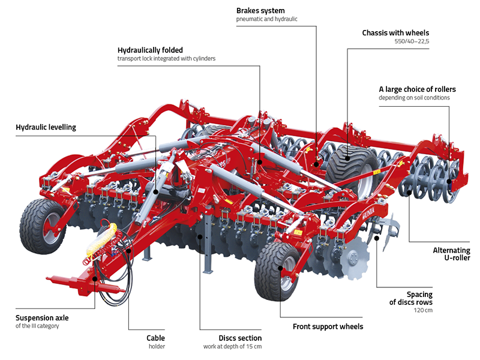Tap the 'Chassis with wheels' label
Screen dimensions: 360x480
coord(395,33)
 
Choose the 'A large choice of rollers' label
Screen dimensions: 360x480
coord(413,88)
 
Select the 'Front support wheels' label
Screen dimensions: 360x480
coord(328,327)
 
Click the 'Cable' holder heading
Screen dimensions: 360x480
coord(155,338)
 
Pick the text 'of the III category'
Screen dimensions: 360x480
coord(38,326)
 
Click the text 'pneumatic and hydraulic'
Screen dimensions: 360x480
coord(267,19)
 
